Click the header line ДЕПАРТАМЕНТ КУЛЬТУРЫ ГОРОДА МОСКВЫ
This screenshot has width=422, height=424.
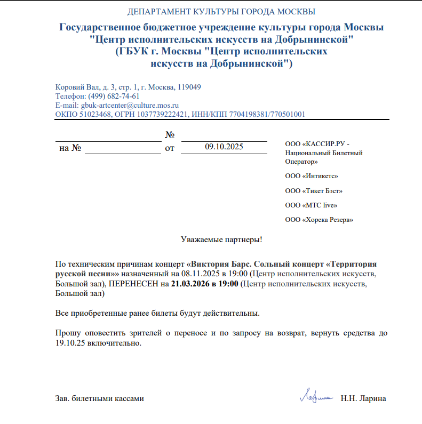coord(221,12)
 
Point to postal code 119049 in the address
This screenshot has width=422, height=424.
coord(189,87)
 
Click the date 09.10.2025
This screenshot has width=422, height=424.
coord(224,147)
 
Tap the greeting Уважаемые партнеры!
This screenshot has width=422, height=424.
coord(221,239)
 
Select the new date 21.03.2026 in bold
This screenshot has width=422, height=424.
coord(190,283)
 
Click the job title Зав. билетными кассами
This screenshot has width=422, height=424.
coord(100,398)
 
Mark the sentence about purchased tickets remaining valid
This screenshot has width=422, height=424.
coord(157,313)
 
